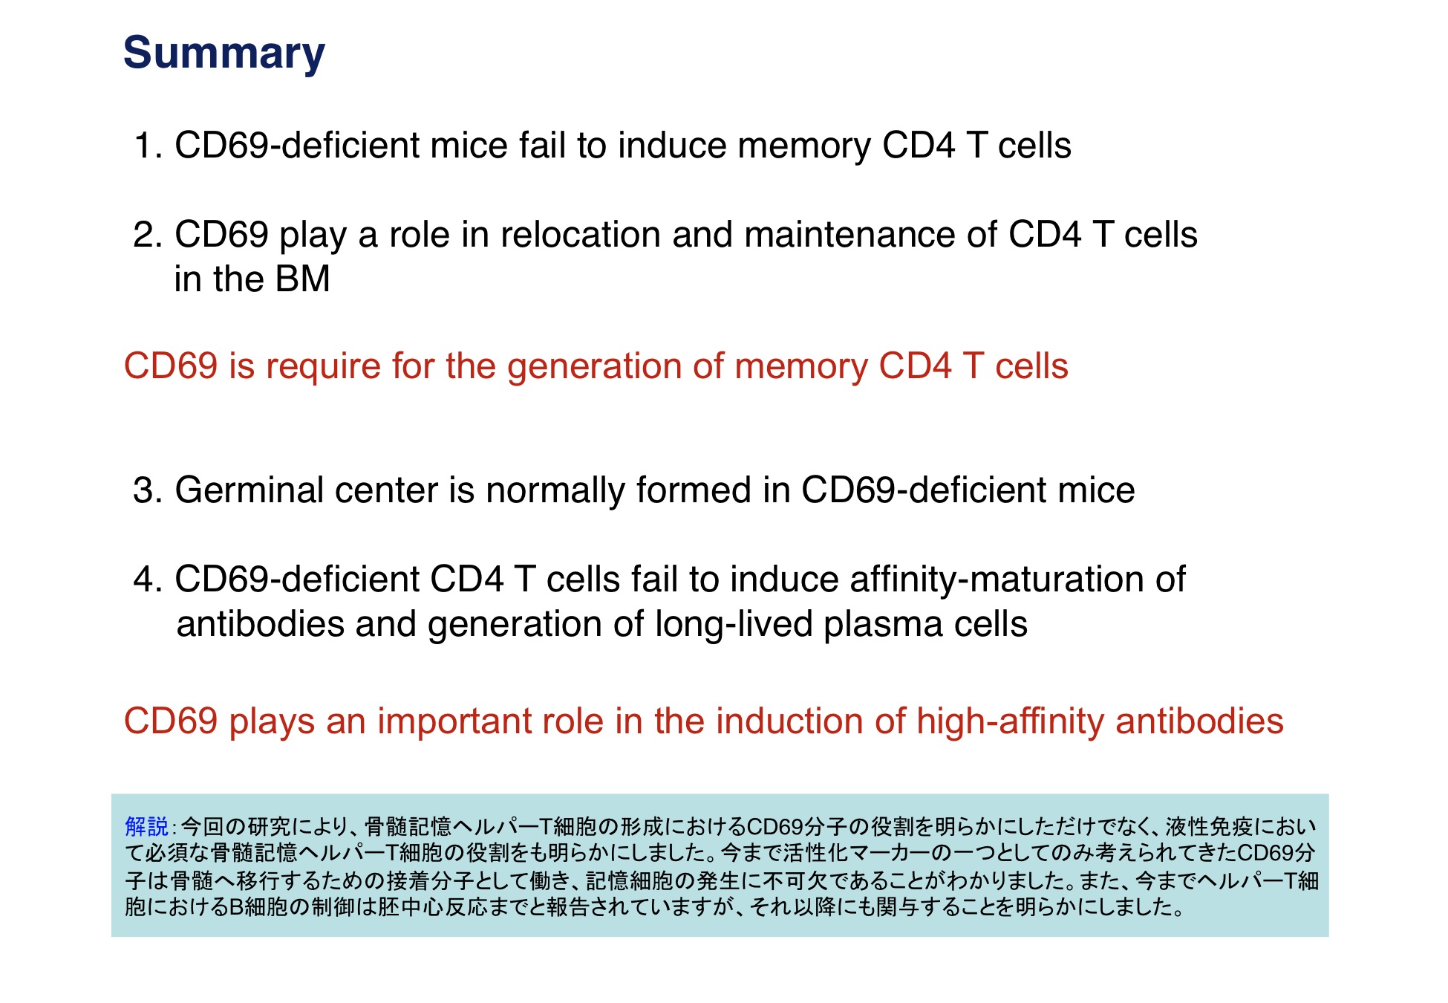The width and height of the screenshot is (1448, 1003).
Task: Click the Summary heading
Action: (224, 53)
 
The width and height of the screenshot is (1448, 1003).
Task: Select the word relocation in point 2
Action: (580, 235)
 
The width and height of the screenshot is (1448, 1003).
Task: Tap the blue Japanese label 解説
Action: (147, 826)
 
